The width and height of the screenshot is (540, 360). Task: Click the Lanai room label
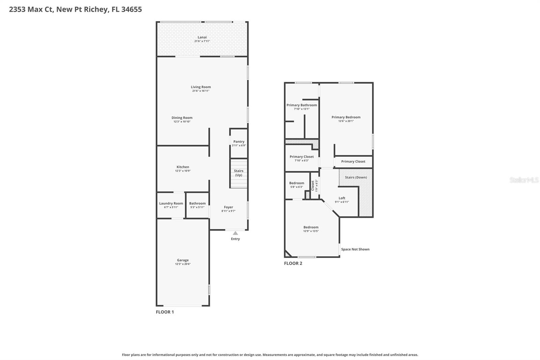(x=202, y=37)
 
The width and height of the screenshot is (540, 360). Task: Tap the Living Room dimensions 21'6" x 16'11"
(x=201, y=91)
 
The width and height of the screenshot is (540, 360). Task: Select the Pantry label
(x=239, y=142)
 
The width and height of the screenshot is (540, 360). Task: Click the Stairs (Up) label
(x=239, y=173)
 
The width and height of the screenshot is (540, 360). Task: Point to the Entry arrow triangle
(x=235, y=233)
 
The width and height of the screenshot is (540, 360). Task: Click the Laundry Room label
(x=171, y=203)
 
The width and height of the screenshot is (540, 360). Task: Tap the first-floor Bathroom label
(x=197, y=203)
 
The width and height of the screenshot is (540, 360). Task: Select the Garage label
(x=183, y=260)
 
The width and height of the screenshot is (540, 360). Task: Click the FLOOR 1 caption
(x=165, y=312)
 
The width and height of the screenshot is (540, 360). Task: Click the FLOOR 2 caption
(x=293, y=263)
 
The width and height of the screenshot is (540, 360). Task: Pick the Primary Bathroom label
(x=302, y=105)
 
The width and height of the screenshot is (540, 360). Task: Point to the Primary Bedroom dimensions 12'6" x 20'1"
(x=346, y=121)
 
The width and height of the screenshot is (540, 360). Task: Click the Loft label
(x=342, y=198)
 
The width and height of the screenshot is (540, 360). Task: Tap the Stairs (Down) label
(x=356, y=177)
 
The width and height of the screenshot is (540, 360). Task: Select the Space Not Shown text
(x=355, y=249)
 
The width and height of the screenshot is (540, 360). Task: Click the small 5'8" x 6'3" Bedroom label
(x=297, y=183)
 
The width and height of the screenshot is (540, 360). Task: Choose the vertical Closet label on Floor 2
(x=313, y=185)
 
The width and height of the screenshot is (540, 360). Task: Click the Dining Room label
(x=182, y=118)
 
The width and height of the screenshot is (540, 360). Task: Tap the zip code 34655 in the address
(x=131, y=9)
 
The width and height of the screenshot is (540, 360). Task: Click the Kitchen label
(x=183, y=167)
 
